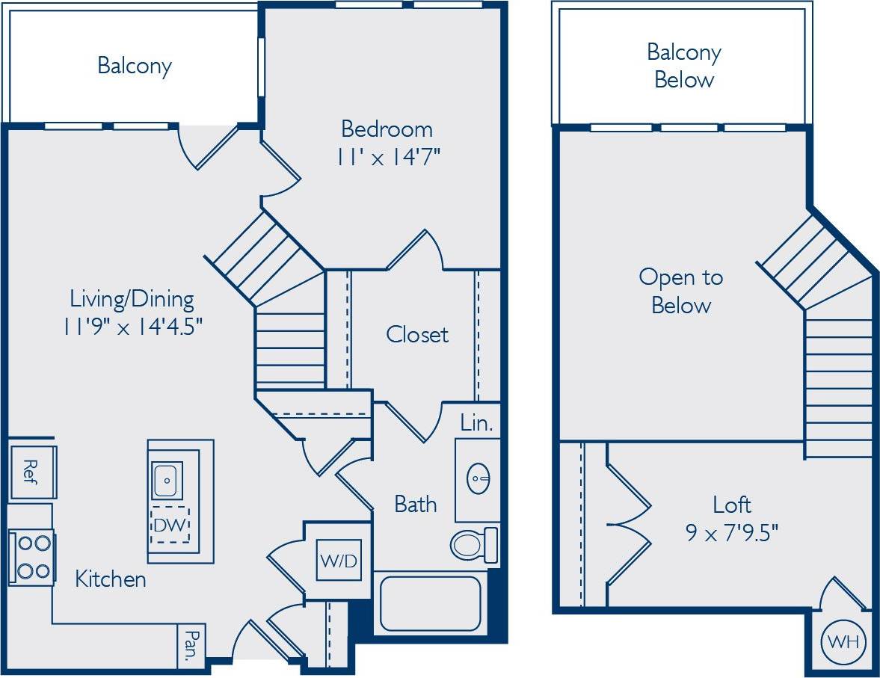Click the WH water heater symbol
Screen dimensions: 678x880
pos(843,641)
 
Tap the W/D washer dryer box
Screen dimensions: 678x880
pos(339,560)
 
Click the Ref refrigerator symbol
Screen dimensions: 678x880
pos(31,472)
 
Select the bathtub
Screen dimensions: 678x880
pos(430,603)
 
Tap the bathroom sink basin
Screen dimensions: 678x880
pos(479,478)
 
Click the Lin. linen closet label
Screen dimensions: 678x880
pos(476,424)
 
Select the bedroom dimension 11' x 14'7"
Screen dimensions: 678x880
pos(387,158)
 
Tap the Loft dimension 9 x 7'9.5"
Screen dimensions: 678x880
pos(732,533)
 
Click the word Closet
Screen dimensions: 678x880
pos(417,334)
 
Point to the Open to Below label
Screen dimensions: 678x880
pos(681,291)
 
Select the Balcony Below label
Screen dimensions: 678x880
pos(683,66)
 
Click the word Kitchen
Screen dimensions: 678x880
pos(111,579)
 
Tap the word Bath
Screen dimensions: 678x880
pos(416,504)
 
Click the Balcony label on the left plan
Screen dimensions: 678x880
pos(135,65)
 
